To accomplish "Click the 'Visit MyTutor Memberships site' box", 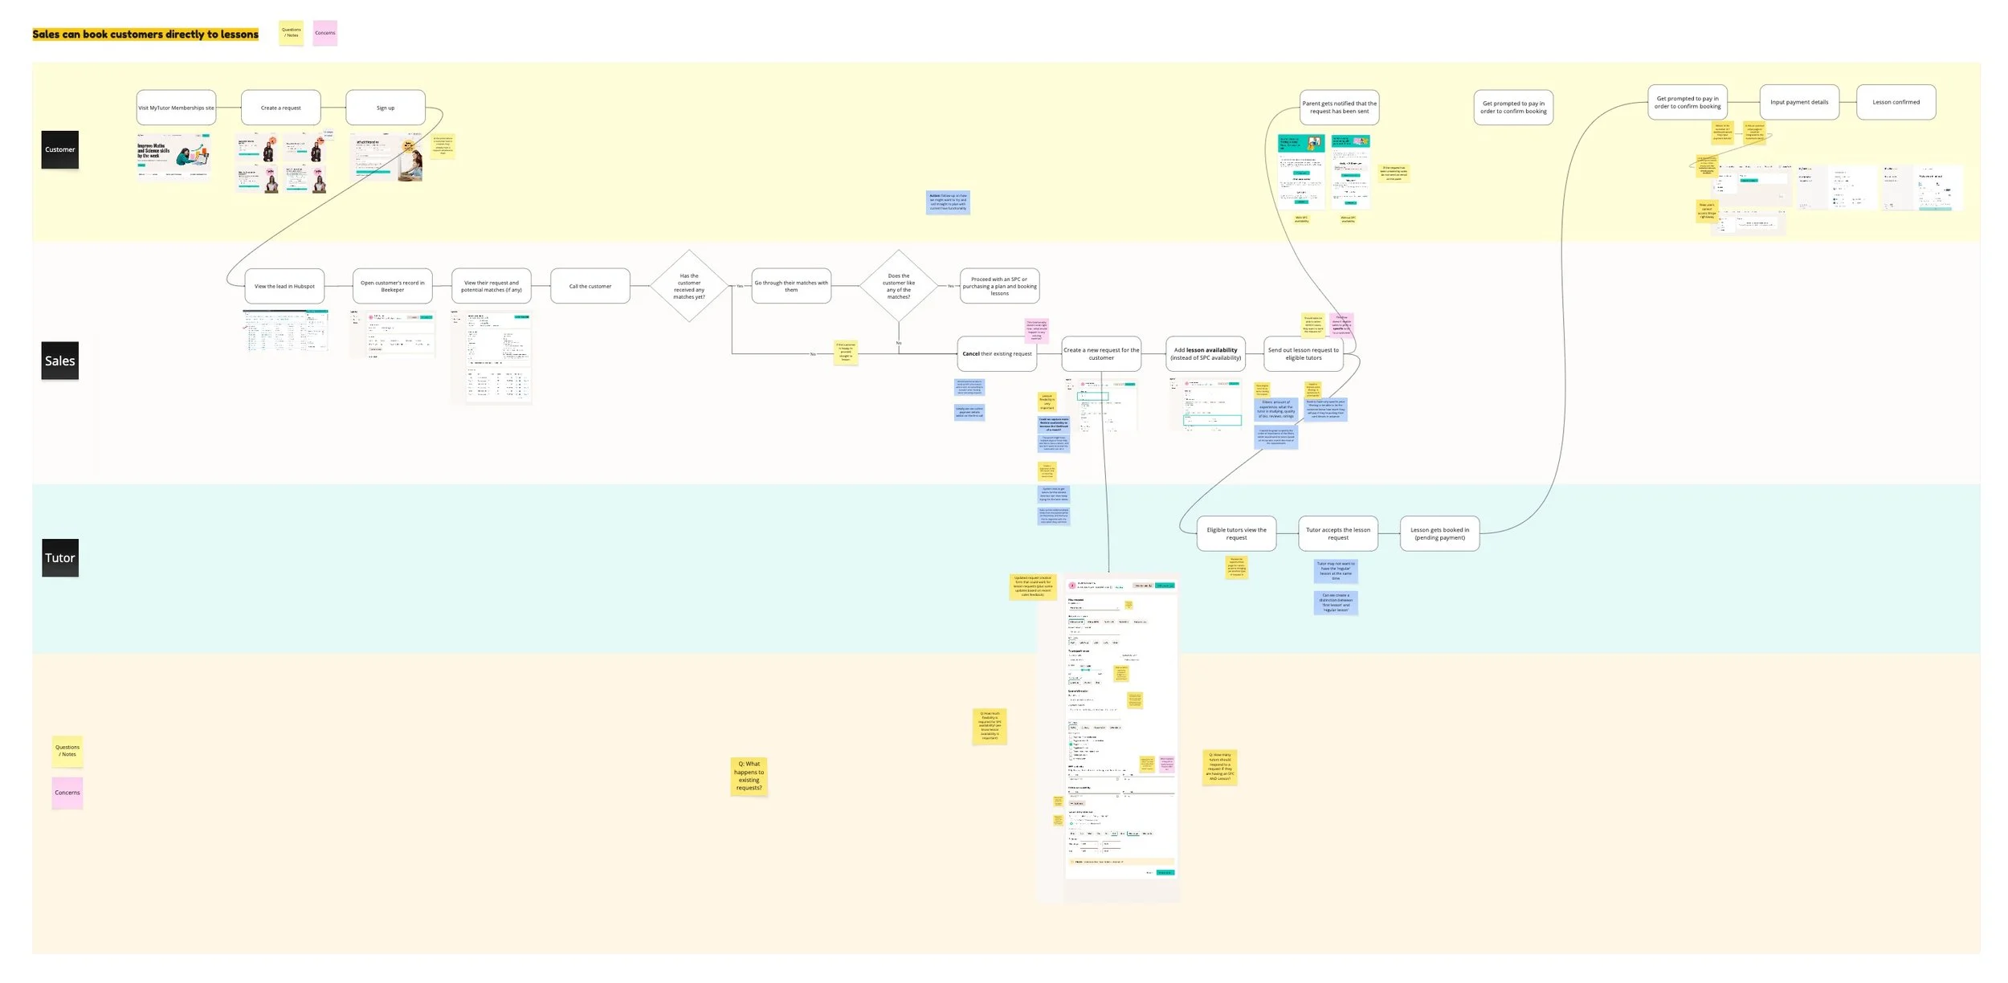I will click(x=176, y=108).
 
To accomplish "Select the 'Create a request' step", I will click(x=280, y=108).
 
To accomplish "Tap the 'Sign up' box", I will click(x=386, y=108).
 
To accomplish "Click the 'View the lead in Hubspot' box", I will click(x=284, y=286).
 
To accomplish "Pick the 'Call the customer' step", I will click(x=590, y=286).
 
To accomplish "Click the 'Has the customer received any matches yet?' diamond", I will click(x=689, y=286).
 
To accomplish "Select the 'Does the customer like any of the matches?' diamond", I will click(x=898, y=286).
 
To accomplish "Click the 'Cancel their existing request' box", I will click(x=997, y=353).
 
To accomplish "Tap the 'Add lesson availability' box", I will click(x=1205, y=353).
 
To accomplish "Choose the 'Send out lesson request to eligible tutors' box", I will click(x=1303, y=353).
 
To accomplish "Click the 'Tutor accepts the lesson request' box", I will click(x=1337, y=533).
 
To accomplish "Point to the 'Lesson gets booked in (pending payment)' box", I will click(x=1439, y=533).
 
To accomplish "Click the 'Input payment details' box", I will click(x=1798, y=102).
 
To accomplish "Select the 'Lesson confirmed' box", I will click(x=1896, y=102).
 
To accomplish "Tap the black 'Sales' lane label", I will click(x=60, y=361).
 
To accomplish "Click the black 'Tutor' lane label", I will click(x=60, y=557).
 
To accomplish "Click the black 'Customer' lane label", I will click(x=60, y=149).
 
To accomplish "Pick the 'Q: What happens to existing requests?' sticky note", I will click(x=749, y=776).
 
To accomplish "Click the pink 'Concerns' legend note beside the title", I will click(x=325, y=33).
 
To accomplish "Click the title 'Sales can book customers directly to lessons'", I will click(x=145, y=34).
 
